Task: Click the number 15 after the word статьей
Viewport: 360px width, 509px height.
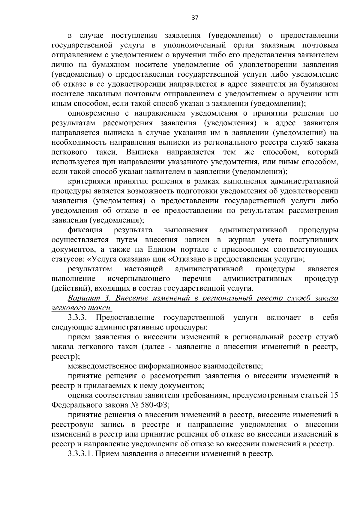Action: coord(334,395)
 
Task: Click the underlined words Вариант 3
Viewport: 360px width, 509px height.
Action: coord(90,298)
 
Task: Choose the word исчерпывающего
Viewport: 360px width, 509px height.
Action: coord(139,279)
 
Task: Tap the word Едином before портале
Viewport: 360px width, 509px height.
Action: coord(161,249)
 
